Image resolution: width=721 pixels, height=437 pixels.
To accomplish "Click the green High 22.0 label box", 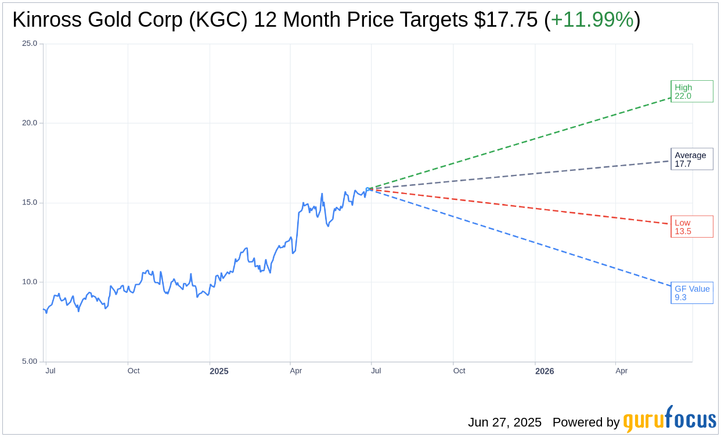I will pos(691,91).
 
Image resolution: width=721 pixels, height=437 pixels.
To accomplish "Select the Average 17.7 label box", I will pos(691,159).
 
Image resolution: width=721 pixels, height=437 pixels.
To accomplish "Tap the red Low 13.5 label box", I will pos(691,227).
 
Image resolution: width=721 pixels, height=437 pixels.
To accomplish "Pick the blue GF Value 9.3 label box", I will pos(691,293).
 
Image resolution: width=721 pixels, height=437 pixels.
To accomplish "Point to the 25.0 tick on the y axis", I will pos(30,43).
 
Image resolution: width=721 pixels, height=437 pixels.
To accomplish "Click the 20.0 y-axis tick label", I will pos(30,123).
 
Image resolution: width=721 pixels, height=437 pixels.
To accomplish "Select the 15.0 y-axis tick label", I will pos(30,202).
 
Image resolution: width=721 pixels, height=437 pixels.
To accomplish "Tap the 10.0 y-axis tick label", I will pos(30,282).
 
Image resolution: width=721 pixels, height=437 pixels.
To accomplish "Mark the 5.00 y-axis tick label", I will pos(30,361).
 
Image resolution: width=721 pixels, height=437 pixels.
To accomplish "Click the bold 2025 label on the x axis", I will pos(219,371).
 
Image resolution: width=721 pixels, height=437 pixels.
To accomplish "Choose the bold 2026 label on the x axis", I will pos(545,371).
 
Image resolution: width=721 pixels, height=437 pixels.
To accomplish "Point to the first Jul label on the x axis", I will pos(51,371).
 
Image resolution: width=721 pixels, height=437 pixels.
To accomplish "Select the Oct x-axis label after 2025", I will pos(459,371).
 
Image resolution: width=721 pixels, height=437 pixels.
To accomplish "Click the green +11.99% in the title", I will pos(592,20).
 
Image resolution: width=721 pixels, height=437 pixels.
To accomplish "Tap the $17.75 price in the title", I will pos(506,20).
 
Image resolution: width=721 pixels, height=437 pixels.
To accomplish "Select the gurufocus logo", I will pos(669,420).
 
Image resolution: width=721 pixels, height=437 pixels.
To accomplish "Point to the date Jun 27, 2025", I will pos(504,422).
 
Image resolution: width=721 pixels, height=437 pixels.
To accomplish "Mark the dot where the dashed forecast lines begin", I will pos(371,189).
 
